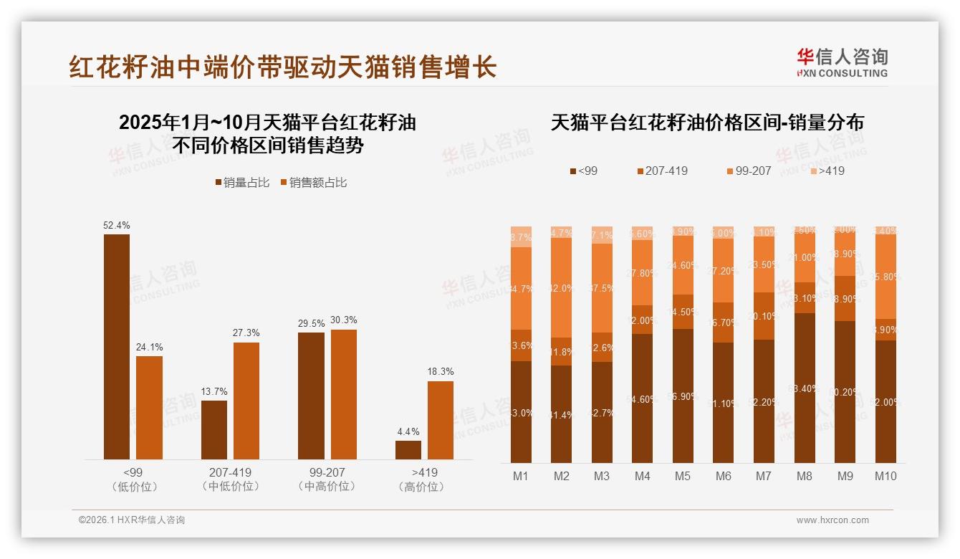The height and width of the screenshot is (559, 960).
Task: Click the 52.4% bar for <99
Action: click(117, 347)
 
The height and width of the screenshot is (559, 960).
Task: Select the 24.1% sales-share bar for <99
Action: click(149, 408)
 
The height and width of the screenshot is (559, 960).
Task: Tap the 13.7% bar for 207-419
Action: click(213, 430)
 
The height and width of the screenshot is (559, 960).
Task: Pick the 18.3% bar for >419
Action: click(441, 420)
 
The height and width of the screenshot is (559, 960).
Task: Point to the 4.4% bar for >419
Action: click(408, 450)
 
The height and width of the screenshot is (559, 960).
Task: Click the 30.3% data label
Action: click(344, 320)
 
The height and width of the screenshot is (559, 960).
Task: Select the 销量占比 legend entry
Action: click(243, 183)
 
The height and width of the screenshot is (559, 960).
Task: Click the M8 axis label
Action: click(805, 476)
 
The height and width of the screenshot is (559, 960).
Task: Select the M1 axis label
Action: click(521, 476)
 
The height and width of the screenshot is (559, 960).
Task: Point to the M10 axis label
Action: click(885, 476)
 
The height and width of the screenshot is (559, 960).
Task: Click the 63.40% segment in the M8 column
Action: click(805, 388)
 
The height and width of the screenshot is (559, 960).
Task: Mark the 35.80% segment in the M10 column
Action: click(885, 276)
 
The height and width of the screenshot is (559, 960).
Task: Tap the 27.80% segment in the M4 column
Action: click(643, 273)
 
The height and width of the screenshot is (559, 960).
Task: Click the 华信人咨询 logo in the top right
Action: click(842, 62)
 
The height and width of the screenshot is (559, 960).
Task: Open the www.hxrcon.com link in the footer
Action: click(832, 520)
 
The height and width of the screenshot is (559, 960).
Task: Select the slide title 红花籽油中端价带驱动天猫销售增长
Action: click(283, 67)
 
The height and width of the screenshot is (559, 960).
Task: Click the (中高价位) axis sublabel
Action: click(327, 487)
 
